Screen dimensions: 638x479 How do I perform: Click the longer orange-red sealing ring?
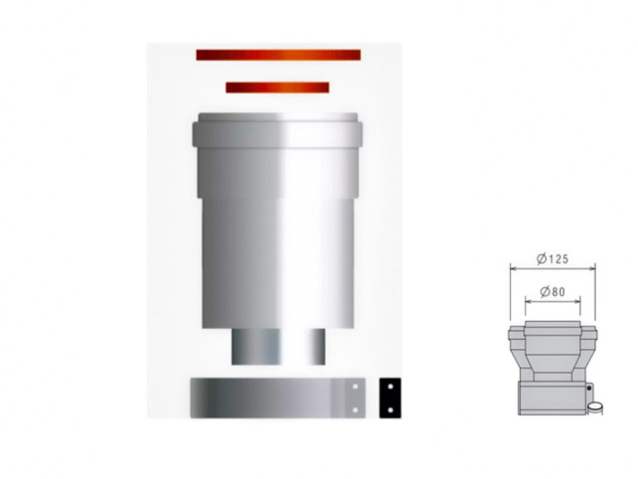coord(278,55)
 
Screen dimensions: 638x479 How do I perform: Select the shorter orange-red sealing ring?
coord(278,88)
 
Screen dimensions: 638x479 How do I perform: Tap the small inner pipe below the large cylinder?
coord(278,346)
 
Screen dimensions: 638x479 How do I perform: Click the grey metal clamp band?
coord(278,398)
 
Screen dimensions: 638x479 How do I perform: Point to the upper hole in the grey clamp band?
coord(355,386)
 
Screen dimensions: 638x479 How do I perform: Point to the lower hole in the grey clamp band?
coord(355,410)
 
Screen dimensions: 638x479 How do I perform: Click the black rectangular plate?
coord(390,398)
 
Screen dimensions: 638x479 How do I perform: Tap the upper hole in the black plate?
coord(390,386)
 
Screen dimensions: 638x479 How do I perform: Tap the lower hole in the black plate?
coord(390,410)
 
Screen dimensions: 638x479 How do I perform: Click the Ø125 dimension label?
coord(553,259)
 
